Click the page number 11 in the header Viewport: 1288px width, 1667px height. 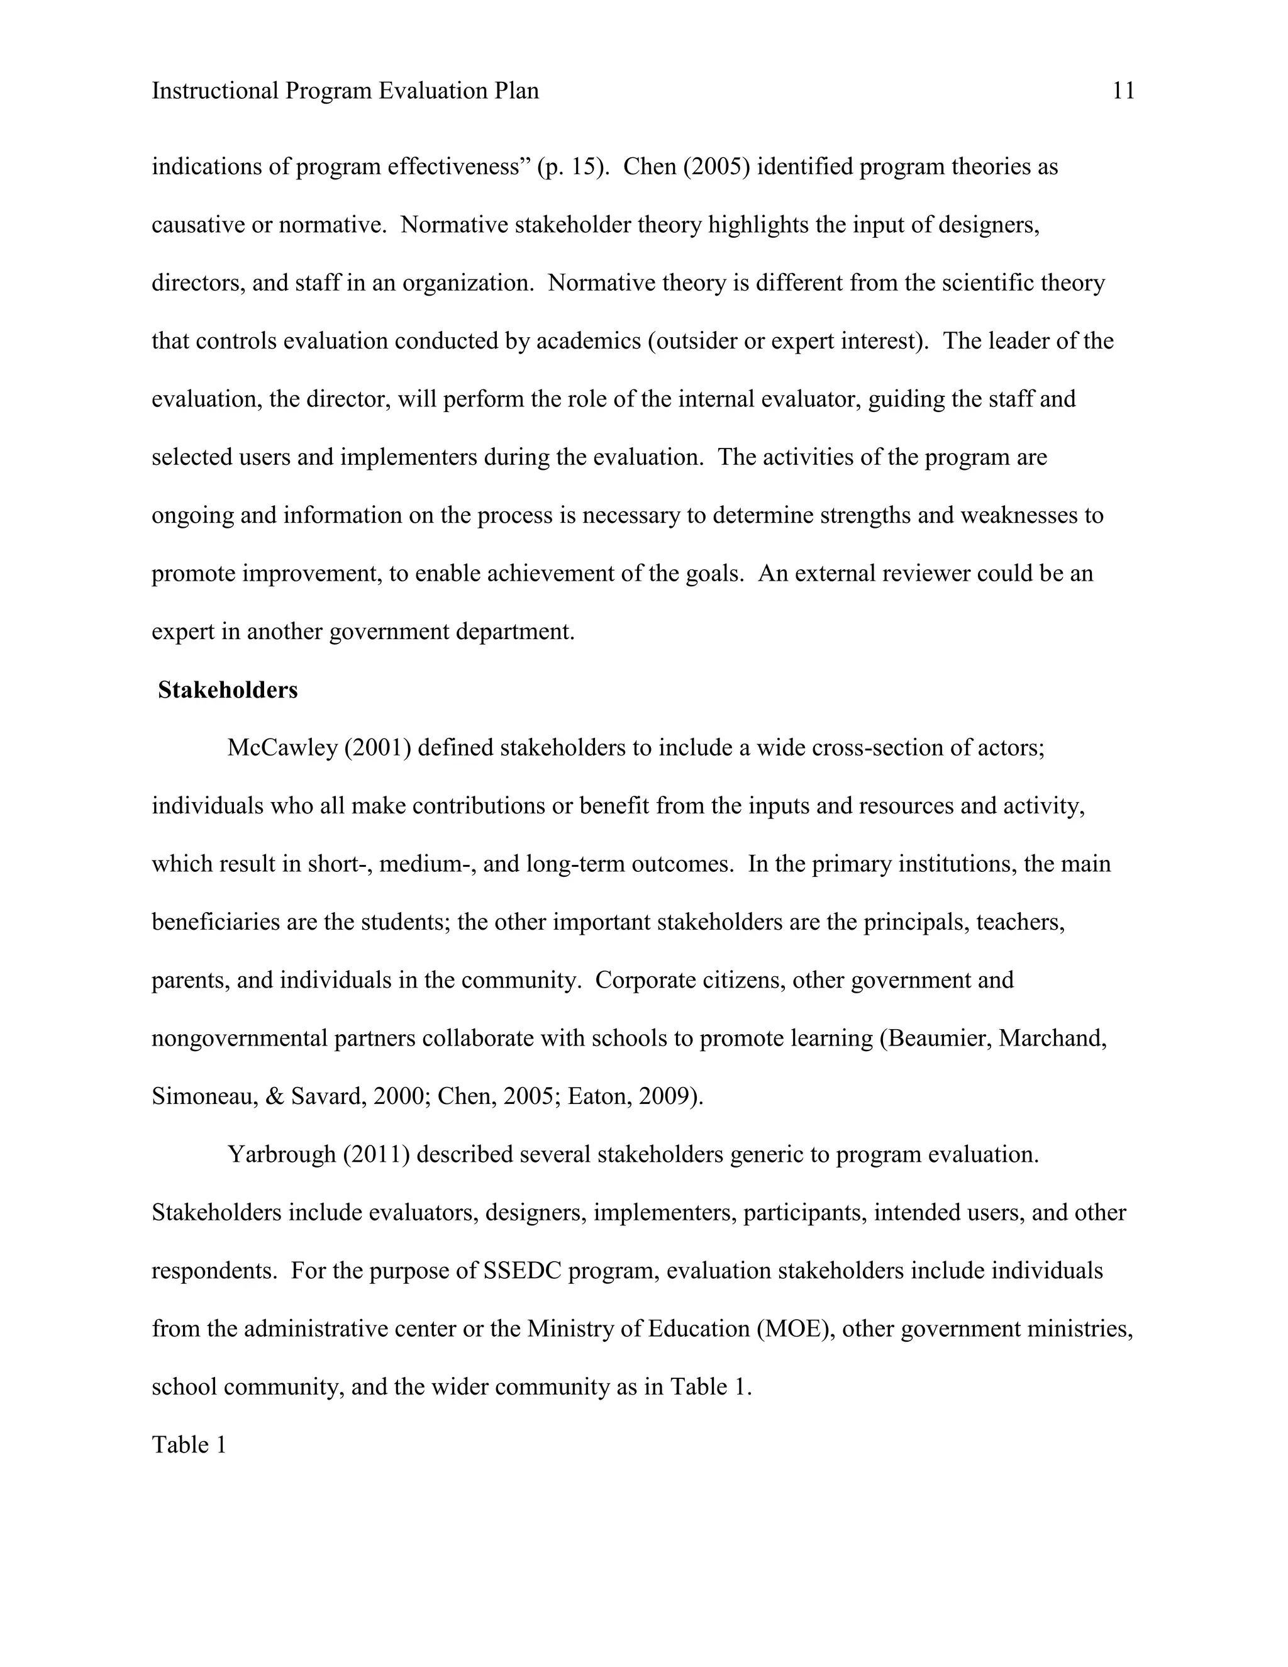coord(1123,92)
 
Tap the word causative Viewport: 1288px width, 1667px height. coord(197,225)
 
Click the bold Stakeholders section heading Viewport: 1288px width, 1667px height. coord(228,690)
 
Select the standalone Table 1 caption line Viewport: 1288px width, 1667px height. coord(189,1445)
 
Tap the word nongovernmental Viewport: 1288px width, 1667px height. coord(240,1039)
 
